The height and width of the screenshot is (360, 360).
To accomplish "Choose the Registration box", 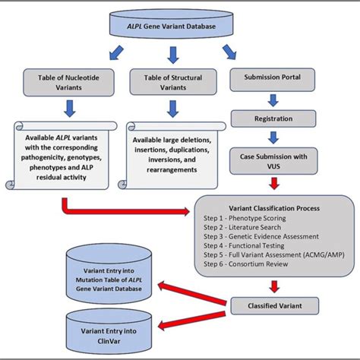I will click(x=271, y=118).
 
